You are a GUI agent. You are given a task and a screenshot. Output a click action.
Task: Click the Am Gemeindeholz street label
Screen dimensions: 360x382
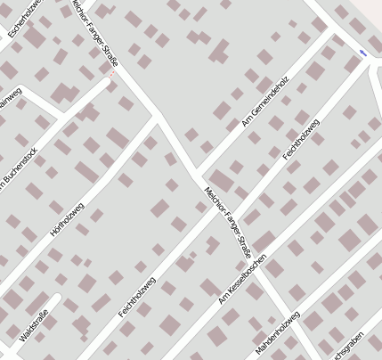(265, 102)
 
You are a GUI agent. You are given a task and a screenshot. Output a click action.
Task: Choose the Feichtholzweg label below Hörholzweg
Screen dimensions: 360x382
(137, 297)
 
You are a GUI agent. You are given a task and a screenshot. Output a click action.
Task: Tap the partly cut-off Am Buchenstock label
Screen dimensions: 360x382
(16, 168)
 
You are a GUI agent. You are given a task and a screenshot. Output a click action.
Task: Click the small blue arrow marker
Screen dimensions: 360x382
(362, 53)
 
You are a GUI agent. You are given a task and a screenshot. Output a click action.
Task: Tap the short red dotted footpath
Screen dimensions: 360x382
(110, 81)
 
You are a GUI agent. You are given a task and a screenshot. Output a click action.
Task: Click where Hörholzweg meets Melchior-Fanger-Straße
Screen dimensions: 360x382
(157, 115)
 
